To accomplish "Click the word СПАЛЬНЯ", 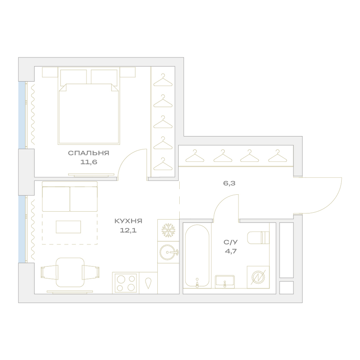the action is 89,153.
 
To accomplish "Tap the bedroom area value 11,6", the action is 89,162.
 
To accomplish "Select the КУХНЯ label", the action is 129,221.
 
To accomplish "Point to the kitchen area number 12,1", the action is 129,230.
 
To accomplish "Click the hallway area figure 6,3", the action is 229,184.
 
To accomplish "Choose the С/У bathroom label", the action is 231,242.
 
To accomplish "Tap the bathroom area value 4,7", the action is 231,251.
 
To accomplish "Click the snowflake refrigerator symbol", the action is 168,230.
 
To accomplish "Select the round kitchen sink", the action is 169,252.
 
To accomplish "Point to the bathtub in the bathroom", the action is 197,256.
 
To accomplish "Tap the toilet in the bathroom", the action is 258,238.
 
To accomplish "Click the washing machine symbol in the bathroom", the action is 258,277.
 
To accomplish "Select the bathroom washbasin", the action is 225,282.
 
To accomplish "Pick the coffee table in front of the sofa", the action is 68,227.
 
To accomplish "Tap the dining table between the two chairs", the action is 70,272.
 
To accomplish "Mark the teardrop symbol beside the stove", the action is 149,283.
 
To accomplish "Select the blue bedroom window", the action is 22,115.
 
